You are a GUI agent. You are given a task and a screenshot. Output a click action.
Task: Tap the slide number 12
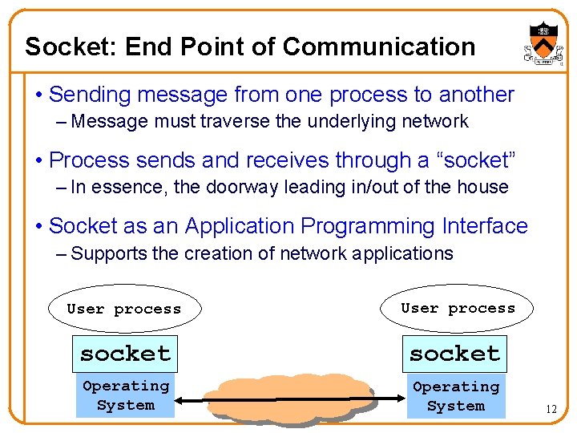pos(551,410)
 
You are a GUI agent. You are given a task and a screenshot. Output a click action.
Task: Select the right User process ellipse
pos(458,309)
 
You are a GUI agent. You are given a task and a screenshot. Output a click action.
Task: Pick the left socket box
pos(125,354)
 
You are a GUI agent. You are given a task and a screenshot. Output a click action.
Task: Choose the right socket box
pos(455,354)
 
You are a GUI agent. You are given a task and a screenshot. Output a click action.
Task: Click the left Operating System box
pos(126,396)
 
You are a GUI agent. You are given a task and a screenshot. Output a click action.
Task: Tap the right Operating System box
pos(455,396)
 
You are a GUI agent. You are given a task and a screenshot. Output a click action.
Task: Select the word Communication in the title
pos(379,47)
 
